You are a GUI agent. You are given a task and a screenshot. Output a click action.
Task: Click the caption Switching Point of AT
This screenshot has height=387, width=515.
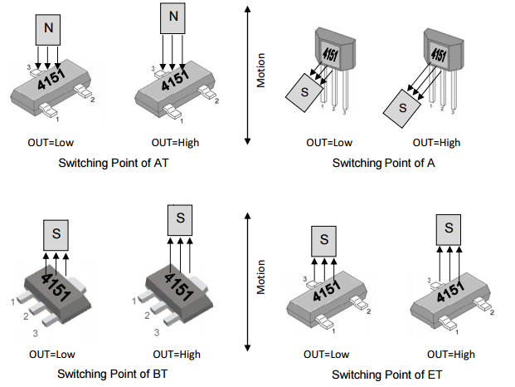(114, 163)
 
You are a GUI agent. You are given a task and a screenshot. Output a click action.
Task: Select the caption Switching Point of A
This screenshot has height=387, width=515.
(384, 163)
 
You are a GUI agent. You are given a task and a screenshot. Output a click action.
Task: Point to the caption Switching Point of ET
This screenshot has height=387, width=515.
(385, 374)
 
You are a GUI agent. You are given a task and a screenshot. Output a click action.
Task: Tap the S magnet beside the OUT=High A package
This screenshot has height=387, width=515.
(402, 106)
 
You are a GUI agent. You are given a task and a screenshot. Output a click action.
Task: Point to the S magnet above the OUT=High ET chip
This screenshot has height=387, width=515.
(449, 228)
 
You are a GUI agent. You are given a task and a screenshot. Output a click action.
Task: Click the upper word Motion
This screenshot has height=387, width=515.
(260, 70)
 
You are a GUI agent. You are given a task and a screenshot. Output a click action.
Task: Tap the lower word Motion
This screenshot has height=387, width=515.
(260, 277)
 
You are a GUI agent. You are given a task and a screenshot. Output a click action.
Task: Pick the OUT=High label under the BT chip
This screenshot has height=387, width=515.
(175, 354)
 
